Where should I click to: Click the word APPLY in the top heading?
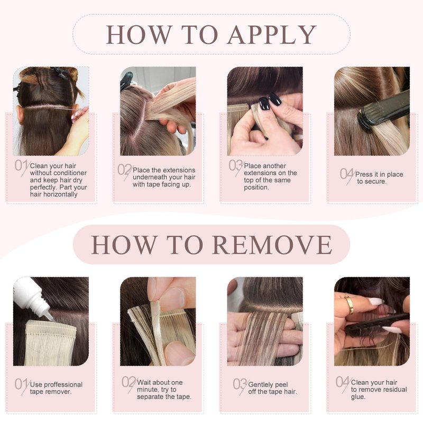coord(272,34)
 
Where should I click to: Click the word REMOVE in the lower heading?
coord(272,244)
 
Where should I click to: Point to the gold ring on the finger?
coord(350,304)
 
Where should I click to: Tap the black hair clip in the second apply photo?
coord(126,80)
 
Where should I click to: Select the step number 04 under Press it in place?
coord(346,174)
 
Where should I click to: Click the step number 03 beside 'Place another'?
coord(235,165)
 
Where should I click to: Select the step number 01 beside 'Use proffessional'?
coord(21,384)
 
